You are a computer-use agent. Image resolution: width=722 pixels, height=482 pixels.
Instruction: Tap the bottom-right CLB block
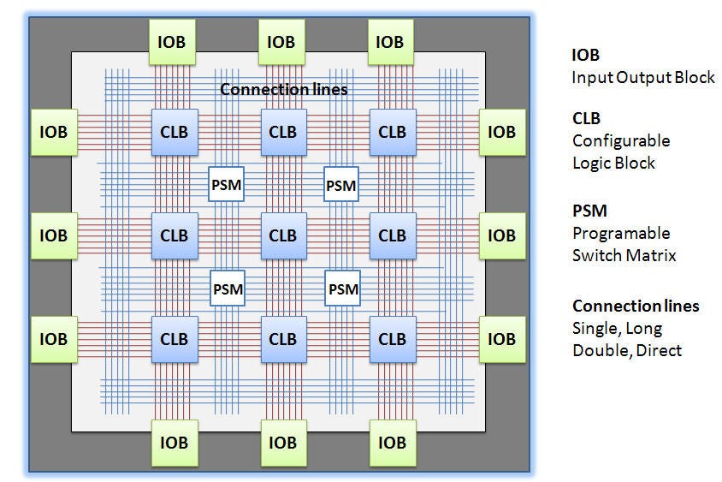point(393,339)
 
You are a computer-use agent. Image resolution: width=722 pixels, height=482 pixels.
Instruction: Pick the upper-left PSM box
point(226,184)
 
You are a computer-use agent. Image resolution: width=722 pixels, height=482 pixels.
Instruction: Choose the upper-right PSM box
point(341,184)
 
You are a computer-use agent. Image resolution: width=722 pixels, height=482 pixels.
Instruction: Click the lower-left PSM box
point(228,289)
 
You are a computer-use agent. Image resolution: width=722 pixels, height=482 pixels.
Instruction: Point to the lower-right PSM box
point(342,289)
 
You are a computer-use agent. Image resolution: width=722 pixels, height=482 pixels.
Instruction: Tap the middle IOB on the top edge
point(281,42)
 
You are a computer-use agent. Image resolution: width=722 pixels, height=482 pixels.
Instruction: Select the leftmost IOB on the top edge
point(172,42)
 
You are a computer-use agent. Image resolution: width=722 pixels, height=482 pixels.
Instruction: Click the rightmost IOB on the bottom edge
point(393,443)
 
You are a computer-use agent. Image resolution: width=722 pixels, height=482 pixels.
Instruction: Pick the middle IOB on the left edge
point(54,235)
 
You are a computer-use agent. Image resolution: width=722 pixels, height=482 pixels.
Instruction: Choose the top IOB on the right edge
point(502,132)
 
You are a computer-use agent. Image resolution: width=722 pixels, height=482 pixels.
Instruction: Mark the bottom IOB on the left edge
point(54,339)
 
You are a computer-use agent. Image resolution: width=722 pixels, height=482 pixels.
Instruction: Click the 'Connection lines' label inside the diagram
point(284,89)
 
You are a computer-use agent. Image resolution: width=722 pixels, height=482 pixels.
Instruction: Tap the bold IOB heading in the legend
point(585,55)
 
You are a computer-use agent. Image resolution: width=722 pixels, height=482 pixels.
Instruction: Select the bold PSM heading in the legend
point(589,211)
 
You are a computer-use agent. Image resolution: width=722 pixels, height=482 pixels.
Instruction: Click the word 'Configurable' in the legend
point(621,140)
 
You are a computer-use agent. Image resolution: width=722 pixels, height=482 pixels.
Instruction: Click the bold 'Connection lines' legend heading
point(636,306)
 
